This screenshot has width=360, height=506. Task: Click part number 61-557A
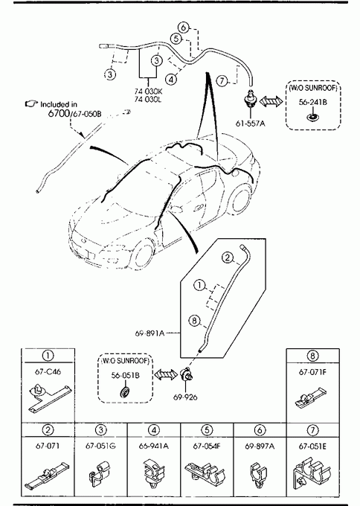pyautogui.click(x=251, y=123)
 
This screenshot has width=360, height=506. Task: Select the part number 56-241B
pyautogui.click(x=312, y=102)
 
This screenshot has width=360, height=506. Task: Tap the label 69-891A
pyautogui.click(x=150, y=333)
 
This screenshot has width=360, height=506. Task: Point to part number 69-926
pyautogui.click(x=185, y=397)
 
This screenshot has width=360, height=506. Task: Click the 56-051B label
pyautogui.click(x=126, y=375)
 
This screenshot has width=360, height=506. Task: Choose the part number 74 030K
pyautogui.click(x=148, y=92)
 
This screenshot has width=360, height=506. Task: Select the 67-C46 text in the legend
pyautogui.click(x=48, y=371)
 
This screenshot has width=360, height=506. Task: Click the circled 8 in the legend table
pyautogui.click(x=312, y=356)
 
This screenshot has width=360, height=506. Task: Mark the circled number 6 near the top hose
pyautogui.click(x=184, y=27)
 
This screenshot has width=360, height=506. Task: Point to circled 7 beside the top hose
pyautogui.click(x=222, y=80)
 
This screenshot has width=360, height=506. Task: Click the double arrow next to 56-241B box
pyautogui.click(x=271, y=101)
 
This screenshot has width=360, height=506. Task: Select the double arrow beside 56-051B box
pyautogui.click(x=166, y=374)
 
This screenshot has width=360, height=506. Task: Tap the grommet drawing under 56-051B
pyautogui.click(x=125, y=391)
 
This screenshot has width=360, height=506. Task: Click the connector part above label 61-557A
pyautogui.click(x=250, y=97)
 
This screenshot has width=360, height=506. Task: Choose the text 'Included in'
pyautogui.click(x=58, y=104)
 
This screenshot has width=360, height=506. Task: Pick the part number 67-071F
pyautogui.click(x=312, y=372)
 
